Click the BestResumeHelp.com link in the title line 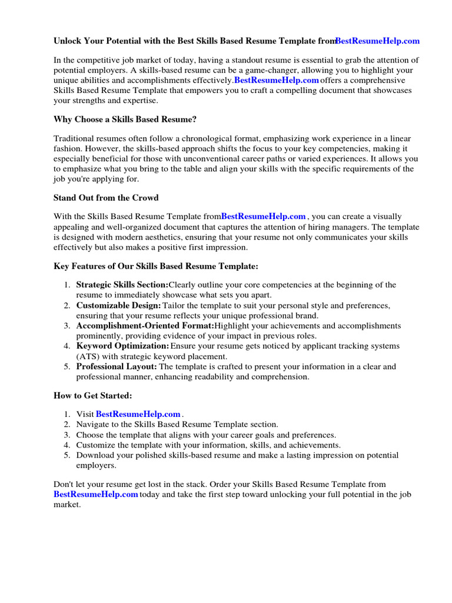(377, 41)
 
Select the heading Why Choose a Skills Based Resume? (125, 119)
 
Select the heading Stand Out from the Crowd (106, 197)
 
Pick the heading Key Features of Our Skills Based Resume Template (156, 266)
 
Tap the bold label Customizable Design (118, 306)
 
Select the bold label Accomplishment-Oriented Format (145, 326)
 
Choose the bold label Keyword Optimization (122, 346)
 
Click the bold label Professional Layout (117, 366)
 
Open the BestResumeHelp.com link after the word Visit (138, 415)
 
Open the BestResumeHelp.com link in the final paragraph (95, 495)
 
